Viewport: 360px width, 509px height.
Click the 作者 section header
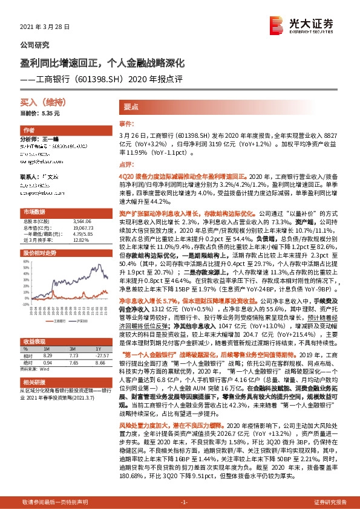point(28,131)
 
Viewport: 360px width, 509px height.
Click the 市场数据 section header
point(34,212)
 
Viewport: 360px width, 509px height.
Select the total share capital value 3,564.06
point(82,222)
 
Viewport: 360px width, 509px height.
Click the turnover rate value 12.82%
point(80,239)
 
